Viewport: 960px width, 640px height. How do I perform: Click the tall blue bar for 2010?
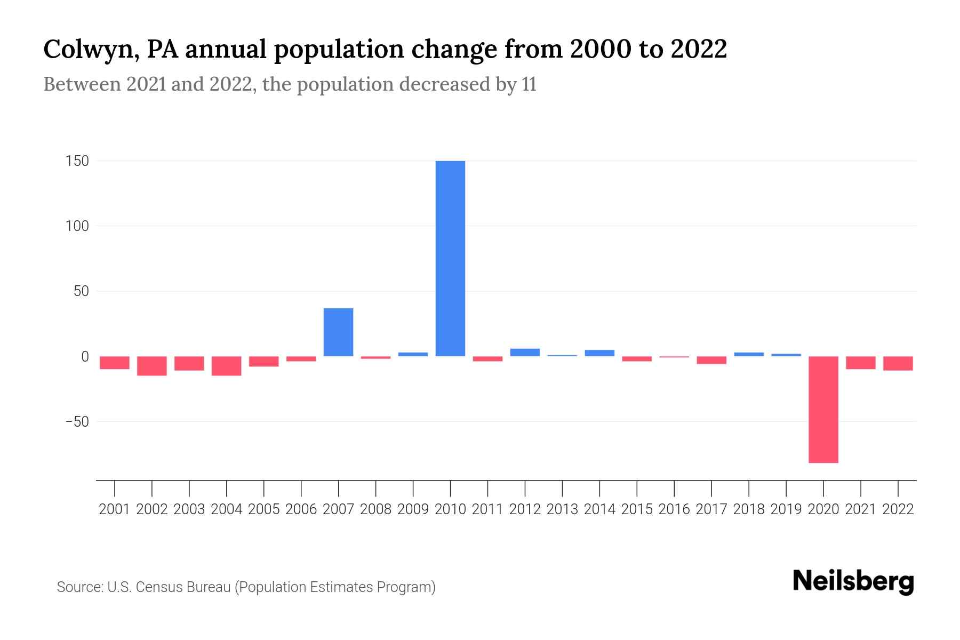tap(450, 259)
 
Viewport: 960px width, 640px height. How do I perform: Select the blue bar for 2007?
tap(338, 332)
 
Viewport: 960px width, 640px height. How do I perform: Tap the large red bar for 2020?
tap(823, 410)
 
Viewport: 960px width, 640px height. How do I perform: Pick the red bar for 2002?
tap(152, 366)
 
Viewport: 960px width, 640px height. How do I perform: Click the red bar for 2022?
tap(898, 363)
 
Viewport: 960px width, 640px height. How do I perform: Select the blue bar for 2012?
tap(525, 353)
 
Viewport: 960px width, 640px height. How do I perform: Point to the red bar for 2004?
tap(227, 366)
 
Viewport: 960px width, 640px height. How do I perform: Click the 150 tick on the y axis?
tap(77, 161)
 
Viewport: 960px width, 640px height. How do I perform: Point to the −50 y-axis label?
tap(77, 422)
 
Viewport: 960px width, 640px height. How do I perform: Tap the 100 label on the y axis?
tap(77, 226)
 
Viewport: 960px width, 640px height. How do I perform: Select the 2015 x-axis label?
tap(637, 509)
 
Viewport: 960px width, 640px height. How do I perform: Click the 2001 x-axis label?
tap(115, 509)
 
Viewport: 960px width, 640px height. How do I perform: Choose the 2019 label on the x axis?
tap(786, 509)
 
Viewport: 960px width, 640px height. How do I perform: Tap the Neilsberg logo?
tap(853, 581)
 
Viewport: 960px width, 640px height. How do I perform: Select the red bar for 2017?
tap(711, 361)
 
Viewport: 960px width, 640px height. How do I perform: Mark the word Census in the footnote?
tap(157, 587)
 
